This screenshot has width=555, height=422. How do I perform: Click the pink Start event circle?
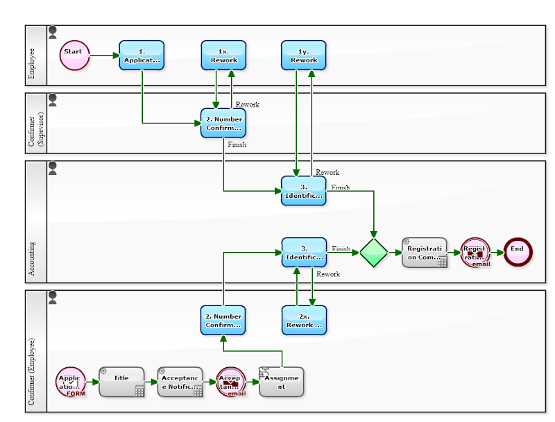pyautogui.click(x=74, y=56)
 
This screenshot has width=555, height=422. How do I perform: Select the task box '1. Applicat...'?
pyautogui.click(x=142, y=56)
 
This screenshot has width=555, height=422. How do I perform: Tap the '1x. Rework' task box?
pyautogui.click(x=223, y=56)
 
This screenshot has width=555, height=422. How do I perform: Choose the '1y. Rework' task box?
pyautogui.click(x=303, y=56)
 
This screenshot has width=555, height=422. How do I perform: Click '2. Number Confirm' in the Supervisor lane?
pyautogui.click(x=223, y=123)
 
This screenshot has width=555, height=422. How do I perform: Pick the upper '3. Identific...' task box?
pyautogui.click(x=303, y=190)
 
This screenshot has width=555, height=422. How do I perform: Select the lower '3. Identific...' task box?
pyautogui.click(x=303, y=253)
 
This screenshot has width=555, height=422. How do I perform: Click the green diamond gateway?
pyautogui.click(x=374, y=253)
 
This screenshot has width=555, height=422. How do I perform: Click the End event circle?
pyautogui.click(x=518, y=252)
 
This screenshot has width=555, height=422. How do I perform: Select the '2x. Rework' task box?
pyautogui.click(x=303, y=320)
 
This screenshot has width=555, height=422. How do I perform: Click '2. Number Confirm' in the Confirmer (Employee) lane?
pyautogui.click(x=223, y=320)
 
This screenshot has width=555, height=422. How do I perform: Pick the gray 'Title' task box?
pyautogui.click(x=121, y=382)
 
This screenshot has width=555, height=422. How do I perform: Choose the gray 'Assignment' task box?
pyautogui.click(x=282, y=382)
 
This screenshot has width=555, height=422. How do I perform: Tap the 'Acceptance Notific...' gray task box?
pyautogui.click(x=180, y=382)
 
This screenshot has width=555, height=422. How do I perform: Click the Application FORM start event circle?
pyautogui.click(x=71, y=382)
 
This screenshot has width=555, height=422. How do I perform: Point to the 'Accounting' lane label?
pyautogui.click(x=32, y=259)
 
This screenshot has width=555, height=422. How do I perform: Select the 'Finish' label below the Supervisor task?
pyautogui.click(x=237, y=145)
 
